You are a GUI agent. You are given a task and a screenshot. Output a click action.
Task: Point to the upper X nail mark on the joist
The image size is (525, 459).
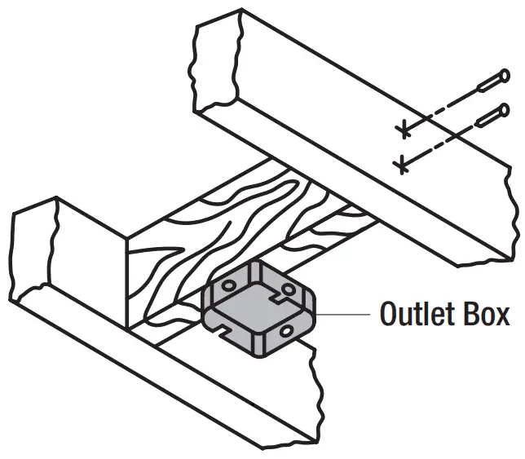pos(400,129)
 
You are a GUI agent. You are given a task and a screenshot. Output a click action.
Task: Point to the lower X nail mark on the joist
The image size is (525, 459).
pos(399,166)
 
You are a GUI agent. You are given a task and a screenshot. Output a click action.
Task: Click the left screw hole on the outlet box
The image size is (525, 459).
pos(228,287)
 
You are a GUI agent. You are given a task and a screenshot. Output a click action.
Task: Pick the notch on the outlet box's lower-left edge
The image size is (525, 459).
pos(220,330)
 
